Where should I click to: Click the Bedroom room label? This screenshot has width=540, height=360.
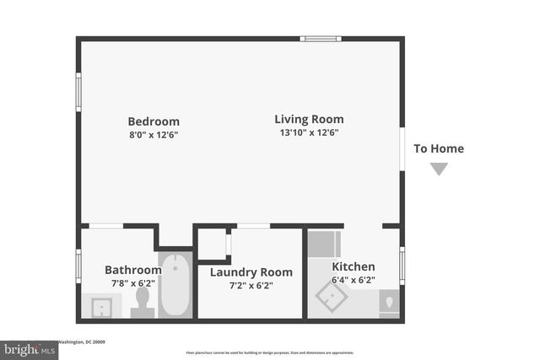154,121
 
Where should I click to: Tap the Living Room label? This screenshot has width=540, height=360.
309,119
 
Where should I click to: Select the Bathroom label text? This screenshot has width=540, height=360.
132,270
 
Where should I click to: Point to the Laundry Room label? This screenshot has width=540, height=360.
251,272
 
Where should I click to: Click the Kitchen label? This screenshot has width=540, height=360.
353,267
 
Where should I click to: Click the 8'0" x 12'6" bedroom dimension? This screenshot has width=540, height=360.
154,135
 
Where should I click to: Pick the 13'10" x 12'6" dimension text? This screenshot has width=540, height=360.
309,132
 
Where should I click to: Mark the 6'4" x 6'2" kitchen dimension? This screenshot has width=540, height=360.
353,280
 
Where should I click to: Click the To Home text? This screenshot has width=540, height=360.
438,149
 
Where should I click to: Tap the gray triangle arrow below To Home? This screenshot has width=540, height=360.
438,169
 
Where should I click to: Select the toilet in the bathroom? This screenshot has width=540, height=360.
143,302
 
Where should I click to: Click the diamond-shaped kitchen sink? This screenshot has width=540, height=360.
332,297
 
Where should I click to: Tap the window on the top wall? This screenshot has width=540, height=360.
321,38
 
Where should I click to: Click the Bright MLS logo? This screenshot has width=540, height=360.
25,347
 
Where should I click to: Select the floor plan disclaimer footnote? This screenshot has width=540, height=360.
270,352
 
